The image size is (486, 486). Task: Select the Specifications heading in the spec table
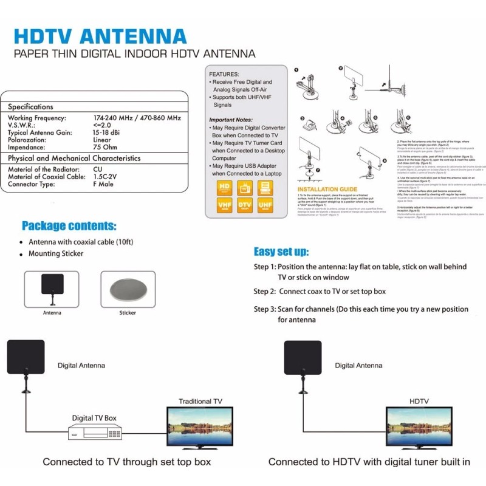(30, 106)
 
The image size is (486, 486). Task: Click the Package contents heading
(69, 226)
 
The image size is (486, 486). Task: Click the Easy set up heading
(281, 252)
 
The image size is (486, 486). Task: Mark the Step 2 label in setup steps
(265, 292)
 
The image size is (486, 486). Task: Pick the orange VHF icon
(225, 205)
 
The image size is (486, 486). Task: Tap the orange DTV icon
(245, 205)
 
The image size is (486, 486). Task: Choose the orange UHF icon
(265, 205)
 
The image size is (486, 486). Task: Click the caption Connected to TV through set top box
(127, 462)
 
